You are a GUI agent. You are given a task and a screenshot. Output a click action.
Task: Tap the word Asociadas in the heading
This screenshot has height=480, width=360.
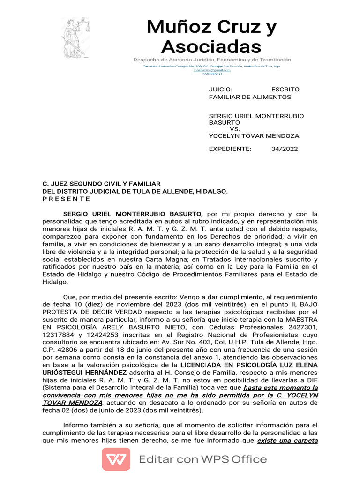click(211, 46)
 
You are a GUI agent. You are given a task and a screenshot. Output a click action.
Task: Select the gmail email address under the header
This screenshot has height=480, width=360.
click(212, 70)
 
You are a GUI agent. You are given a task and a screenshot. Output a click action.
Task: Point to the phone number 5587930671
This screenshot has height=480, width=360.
click(212, 74)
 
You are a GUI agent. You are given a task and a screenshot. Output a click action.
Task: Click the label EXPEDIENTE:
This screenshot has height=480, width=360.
click(230, 149)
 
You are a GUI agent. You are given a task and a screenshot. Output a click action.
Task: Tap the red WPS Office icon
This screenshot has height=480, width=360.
click(116, 459)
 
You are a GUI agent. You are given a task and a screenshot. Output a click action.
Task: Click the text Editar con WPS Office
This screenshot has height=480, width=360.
click(202, 459)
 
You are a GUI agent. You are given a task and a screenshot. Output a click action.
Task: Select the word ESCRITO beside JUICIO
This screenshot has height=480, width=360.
click(285, 89)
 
